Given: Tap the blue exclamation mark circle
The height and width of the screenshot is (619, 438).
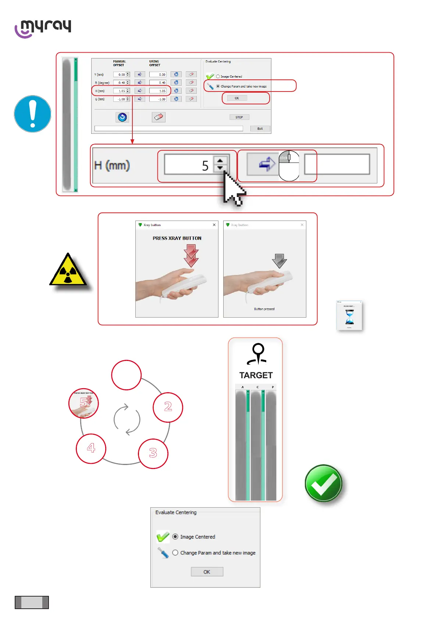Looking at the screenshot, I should tap(32, 114).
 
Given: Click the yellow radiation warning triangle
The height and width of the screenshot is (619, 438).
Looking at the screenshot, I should tap(68, 270).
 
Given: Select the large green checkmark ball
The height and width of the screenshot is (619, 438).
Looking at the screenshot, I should tap(323, 483).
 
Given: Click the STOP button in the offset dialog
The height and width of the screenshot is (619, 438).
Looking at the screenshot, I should tap(239, 117).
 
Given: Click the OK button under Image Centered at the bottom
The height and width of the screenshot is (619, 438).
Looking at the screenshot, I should tap(207, 572).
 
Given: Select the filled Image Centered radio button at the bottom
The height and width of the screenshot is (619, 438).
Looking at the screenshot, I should tap(175, 537).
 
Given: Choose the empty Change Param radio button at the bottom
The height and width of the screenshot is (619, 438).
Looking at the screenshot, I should tap(175, 553).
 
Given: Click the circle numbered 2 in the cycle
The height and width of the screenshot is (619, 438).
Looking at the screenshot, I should tap(168, 407).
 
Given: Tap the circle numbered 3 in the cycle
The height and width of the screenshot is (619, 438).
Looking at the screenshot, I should tap(153, 454).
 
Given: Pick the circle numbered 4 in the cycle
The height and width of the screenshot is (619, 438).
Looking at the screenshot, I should tap(91, 448).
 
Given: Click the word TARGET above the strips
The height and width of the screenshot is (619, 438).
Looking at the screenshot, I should tap(256, 375).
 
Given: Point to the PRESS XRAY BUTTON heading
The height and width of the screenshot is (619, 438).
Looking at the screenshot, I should tap(177, 238).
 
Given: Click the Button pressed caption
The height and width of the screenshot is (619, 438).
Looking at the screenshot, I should tap(264, 309).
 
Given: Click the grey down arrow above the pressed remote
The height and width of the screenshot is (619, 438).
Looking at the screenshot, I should tap(279, 260).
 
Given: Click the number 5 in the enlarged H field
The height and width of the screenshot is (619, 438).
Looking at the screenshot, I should tap(205, 166).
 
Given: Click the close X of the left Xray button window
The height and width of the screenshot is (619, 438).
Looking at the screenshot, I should tap(214, 225).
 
